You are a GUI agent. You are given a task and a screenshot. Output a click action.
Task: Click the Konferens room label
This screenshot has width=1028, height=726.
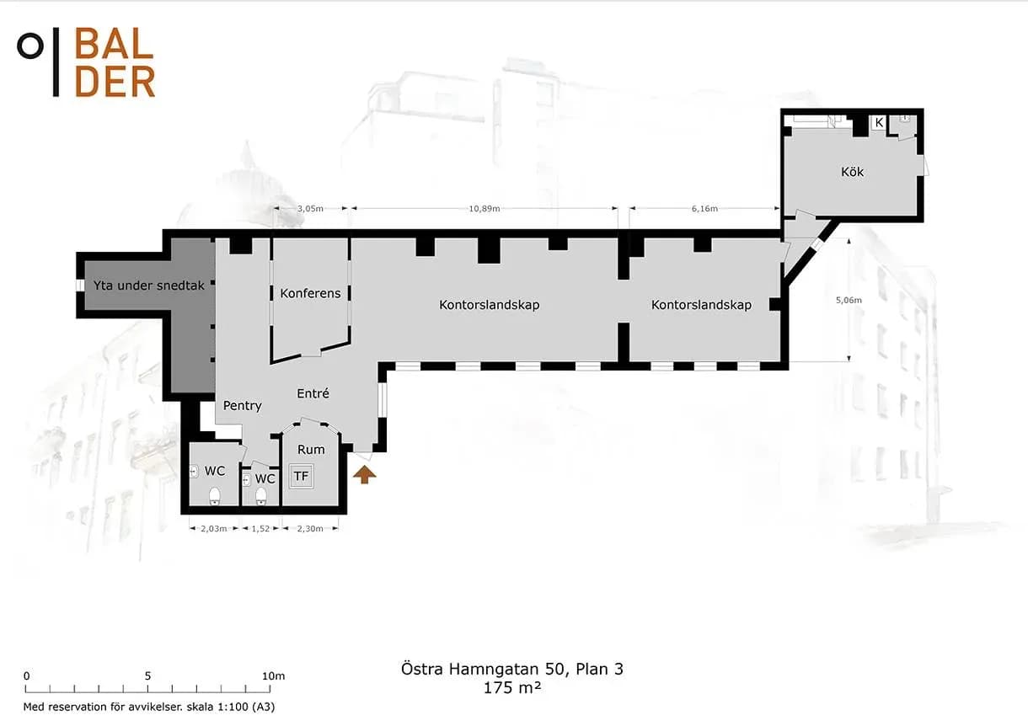pyautogui.click(x=310, y=294)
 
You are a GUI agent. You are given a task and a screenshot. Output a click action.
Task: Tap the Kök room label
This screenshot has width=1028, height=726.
pyautogui.click(x=852, y=172)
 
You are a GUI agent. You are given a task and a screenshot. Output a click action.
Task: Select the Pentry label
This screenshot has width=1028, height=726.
pyautogui.click(x=243, y=406)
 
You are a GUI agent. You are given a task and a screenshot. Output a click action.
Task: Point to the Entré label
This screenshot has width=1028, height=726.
pyautogui.click(x=313, y=393)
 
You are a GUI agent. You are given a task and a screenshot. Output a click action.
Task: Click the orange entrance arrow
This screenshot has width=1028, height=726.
pyautogui.click(x=364, y=474)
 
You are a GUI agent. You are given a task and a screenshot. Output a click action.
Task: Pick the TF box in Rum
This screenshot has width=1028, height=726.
pyautogui.click(x=301, y=476)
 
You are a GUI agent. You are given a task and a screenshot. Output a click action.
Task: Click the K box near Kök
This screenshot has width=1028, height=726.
pyautogui.click(x=879, y=122)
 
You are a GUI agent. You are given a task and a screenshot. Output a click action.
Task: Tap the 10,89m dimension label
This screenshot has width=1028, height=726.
pyautogui.click(x=485, y=209)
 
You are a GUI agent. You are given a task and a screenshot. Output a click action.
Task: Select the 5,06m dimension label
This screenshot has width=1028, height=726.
pyautogui.click(x=849, y=300)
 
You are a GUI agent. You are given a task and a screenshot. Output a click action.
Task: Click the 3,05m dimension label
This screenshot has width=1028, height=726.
pyautogui.click(x=310, y=209)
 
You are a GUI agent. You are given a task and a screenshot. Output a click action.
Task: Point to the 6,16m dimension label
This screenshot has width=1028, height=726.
pyautogui.click(x=704, y=209)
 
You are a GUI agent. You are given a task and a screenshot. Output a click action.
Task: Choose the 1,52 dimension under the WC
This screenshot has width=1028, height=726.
pyautogui.click(x=260, y=528)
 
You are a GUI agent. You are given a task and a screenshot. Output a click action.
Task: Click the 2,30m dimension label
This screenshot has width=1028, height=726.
pyautogui.click(x=310, y=528)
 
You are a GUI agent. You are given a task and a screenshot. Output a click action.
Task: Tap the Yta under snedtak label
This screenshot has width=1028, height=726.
pyautogui.click(x=148, y=286)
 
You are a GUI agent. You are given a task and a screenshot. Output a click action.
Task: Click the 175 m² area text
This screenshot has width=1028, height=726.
pyautogui.click(x=512, y=687)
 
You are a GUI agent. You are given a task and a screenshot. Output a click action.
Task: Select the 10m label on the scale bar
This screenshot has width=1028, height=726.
pyautogui.click(x=274, y=676)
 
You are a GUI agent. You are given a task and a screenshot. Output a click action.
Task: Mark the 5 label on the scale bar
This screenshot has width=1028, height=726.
pyautogui.click(x=147, y=676)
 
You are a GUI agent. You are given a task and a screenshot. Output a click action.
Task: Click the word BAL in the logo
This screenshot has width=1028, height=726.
pyautogui.click(x=114, y=44)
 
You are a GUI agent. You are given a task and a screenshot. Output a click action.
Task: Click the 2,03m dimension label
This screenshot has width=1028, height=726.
pyautogui.click(x=214, y=528)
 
